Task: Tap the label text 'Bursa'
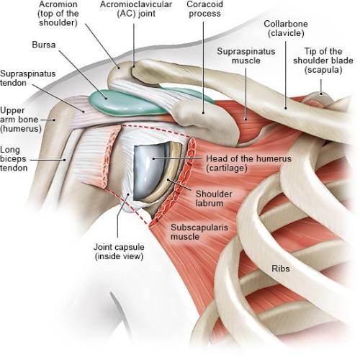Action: tap(44, 45)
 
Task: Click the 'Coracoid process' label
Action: tap(204, 9)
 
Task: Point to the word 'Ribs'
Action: tap(281, 268)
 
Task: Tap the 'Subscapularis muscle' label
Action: tap(199, 232)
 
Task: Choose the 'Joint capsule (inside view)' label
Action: tap(119, 251)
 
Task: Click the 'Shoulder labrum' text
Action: tap(214, 199)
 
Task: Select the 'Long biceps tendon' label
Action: tap(14, 158)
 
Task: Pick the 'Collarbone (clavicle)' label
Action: tap(286, 28)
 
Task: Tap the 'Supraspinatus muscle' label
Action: tap(246, 55)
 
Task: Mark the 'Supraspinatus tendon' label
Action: tap(28, 78)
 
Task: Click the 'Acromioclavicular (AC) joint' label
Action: tap(136, 9)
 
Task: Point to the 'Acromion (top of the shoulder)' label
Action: tap(58, 14)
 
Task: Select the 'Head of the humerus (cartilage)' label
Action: tap(248, 163)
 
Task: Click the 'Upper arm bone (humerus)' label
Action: tap(21, 120)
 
